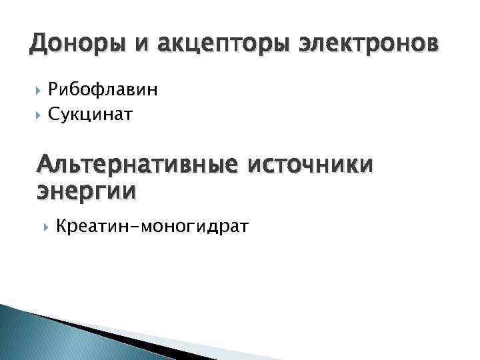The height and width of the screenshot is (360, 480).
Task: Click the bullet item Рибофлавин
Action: click(x=102, y=90)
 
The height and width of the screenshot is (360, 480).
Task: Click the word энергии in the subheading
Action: click(x=85, y=191)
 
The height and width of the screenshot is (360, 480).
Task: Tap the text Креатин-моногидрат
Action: click(x=153, y=227)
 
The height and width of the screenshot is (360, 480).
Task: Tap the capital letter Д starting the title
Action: click(x=38, y=45)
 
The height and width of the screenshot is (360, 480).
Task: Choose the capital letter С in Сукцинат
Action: click(x=52, y=115)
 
